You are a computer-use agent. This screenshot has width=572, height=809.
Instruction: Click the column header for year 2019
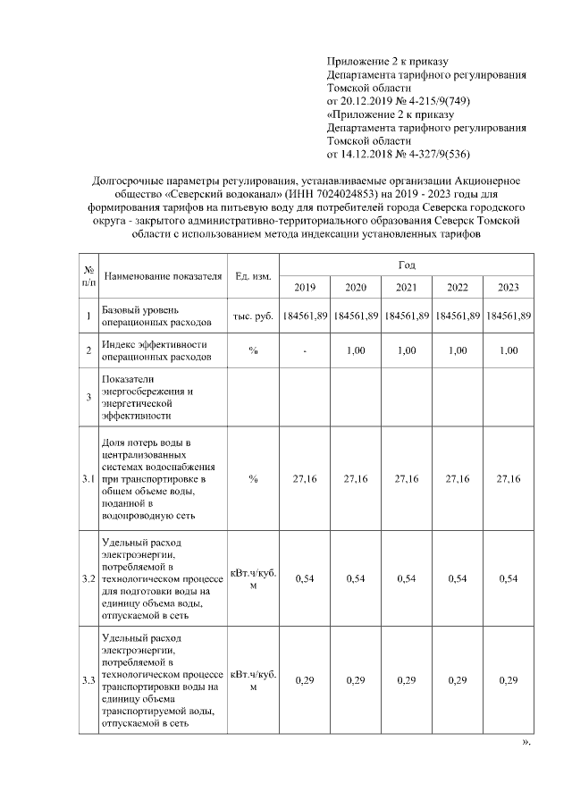pos(305,287)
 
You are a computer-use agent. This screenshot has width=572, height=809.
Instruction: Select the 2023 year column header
pos(509,287)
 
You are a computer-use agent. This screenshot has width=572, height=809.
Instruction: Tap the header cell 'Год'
pos(407,265)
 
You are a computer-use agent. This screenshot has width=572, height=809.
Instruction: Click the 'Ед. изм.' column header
pos(253,275)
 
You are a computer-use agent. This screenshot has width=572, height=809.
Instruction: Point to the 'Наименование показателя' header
pos(163,275)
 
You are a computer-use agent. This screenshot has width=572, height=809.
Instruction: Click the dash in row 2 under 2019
pos(305,351)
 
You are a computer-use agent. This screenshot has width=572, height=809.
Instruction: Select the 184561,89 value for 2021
pos(407,316)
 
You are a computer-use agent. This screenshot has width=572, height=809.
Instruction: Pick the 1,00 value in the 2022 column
pos(458,351)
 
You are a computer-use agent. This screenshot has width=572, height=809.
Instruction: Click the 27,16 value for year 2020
pos(356,479)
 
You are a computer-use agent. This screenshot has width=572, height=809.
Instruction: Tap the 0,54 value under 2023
pos(509,579)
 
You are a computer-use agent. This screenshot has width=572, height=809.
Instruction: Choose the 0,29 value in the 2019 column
pos(305,681)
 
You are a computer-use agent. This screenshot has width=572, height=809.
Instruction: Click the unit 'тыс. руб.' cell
pos(253,316)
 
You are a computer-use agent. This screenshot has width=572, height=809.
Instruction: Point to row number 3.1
pos(88,479)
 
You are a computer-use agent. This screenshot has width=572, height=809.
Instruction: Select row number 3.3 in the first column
pos(88,681)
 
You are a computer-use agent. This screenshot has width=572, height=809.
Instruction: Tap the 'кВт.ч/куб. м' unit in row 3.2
pos(253,579)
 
